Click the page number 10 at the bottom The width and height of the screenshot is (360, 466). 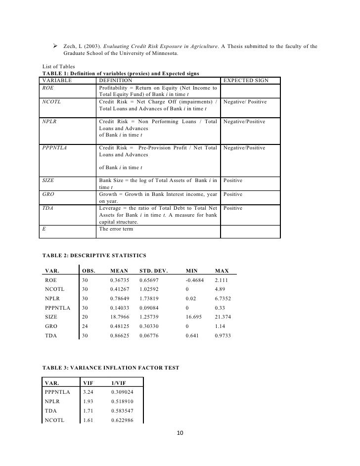tap(180, 433)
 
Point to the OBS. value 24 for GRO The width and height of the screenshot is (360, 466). tap(85, 326)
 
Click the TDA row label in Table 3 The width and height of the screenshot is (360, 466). tap(51, 411)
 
